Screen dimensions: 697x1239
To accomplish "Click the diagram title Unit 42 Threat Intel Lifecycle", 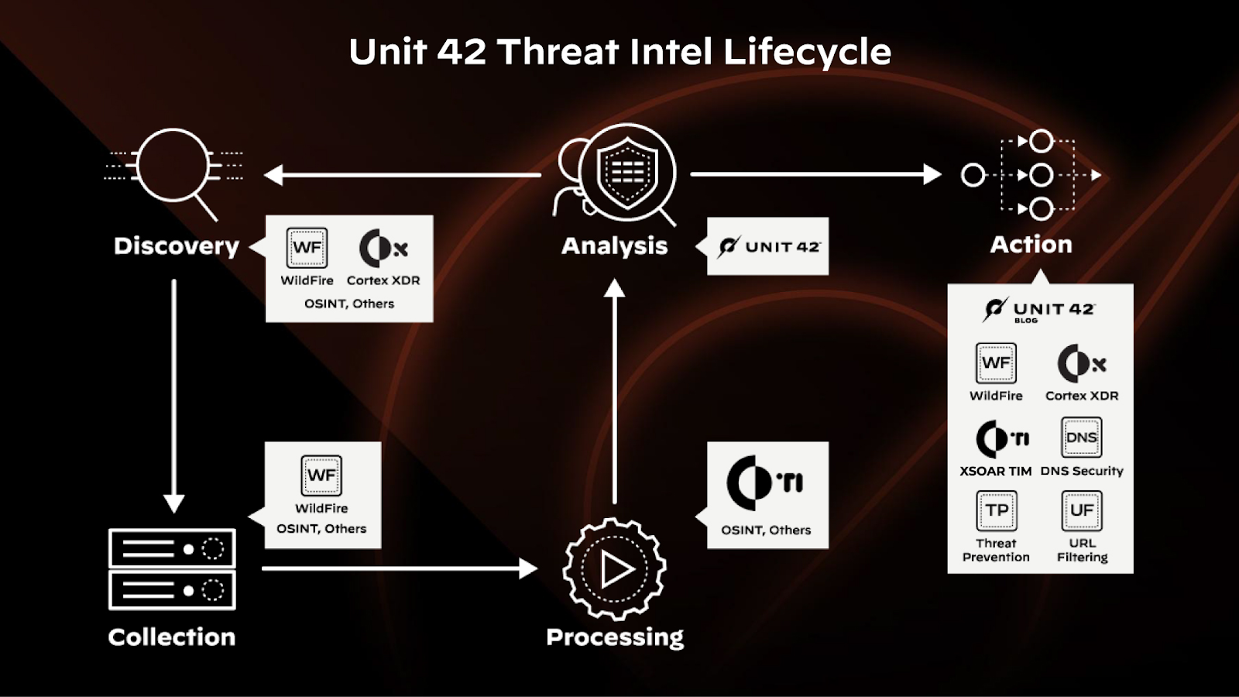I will (x=619, y=52).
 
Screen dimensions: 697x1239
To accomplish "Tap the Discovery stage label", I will (x=176, y=245).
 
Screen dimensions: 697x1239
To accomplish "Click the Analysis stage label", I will (x=614, y=245).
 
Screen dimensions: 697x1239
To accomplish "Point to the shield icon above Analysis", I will (x=627, y=172).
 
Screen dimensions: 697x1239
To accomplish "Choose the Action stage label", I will (x=1031, y=245).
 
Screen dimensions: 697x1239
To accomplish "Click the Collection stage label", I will (x=171, y=637).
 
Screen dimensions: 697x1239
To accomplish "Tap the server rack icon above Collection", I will (x=172, y=569).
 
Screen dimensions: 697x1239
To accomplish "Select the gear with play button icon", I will (x=615, y=569).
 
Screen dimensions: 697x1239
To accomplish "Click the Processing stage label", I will (x=615, y=637).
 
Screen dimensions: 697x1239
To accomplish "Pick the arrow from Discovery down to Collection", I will (x=174, y=395).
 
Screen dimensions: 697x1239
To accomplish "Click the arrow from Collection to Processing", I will (x=399, y=568).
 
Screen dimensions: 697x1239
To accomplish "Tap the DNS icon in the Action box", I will (x=1081, y=438).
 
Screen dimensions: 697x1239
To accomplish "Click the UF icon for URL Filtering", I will (x=1081, y=510).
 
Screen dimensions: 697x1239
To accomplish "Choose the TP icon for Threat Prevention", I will (x=996, y=510).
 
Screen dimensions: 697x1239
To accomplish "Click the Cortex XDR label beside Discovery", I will (x=383, y=280).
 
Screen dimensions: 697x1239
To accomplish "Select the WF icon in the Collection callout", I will (x=321, y=475).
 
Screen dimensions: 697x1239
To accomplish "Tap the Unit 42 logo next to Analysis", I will (x=768, y=246).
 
